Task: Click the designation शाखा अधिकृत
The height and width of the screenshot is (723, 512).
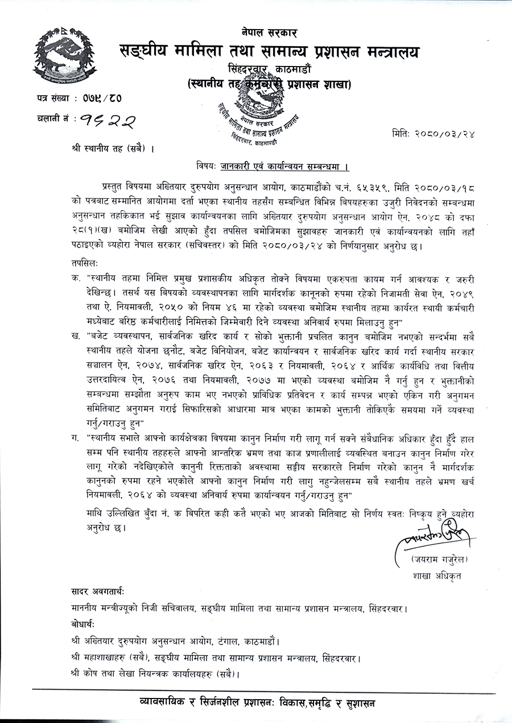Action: pos(437,575)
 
